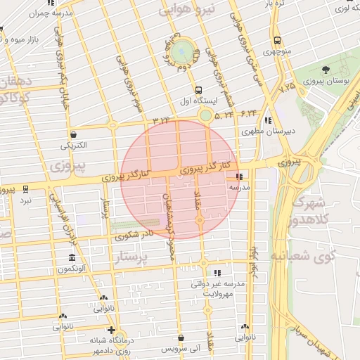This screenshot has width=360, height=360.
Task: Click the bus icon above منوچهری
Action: pyautogui.click(x=277, y=40)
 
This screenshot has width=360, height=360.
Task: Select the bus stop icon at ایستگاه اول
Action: pyautogui.click(x=198, y=90)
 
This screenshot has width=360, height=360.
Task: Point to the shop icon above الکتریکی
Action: pyautogui.click(x=74, y=134)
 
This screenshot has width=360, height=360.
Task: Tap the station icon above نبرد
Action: pyautogui.click(x=26, y=189)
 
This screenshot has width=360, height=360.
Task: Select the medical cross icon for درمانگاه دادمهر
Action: pyautogui.click(x=110, y=329)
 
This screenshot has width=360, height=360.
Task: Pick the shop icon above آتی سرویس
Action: pyautogui.click(x=181, y=337)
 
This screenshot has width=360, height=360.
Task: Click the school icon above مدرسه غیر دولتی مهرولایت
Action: pyautogui.click(x=217, y=272)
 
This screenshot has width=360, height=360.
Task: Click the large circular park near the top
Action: pyautogui.click(x=182, y=51)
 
